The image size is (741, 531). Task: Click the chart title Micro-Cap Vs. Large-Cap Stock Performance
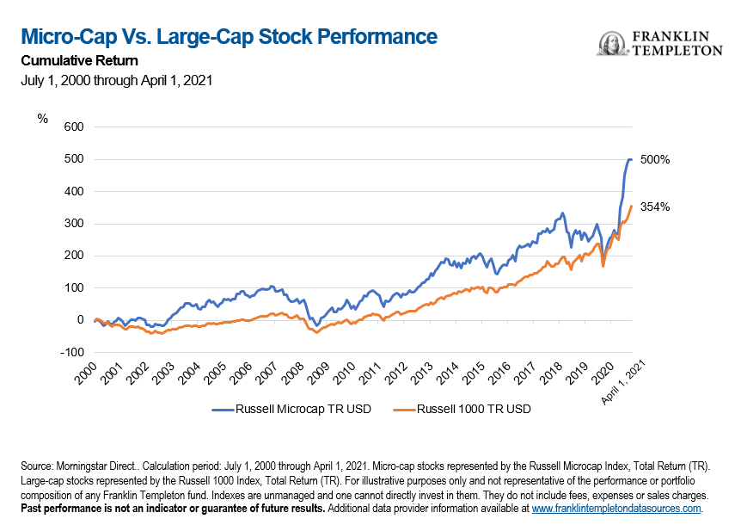coord(230,37)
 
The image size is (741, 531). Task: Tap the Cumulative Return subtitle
coord(79,60)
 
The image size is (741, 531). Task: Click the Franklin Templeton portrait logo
coord(612,44)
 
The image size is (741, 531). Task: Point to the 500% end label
coord(655,159)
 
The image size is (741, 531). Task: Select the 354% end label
coord(655,207)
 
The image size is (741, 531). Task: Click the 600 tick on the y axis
coord(74,127)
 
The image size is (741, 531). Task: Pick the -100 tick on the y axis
coord(72,352)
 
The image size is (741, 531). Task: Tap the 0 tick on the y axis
coord(80,320)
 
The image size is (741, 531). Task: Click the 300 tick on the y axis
coord(74,224)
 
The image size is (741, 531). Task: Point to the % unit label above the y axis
coord(42,119)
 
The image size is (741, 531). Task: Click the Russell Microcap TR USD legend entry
coord(291,409)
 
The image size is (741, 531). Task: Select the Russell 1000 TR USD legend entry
coord(462,409)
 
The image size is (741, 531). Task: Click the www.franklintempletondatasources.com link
coord(616,509)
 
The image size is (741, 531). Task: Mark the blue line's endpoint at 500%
coord(632,159)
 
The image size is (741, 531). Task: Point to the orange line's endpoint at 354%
coord(632,206)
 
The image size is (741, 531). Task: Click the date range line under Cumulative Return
coord(117,80)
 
